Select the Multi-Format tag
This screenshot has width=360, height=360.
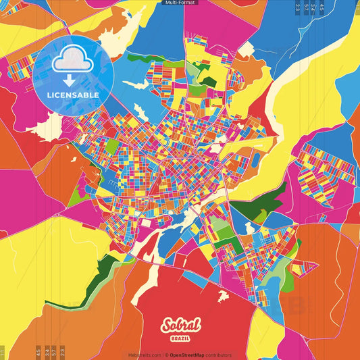point(180,3)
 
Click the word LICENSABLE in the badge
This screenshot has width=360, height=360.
point(73,95)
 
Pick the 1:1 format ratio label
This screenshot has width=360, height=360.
point(3,353)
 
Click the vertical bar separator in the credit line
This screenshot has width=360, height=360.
point(163,355)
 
